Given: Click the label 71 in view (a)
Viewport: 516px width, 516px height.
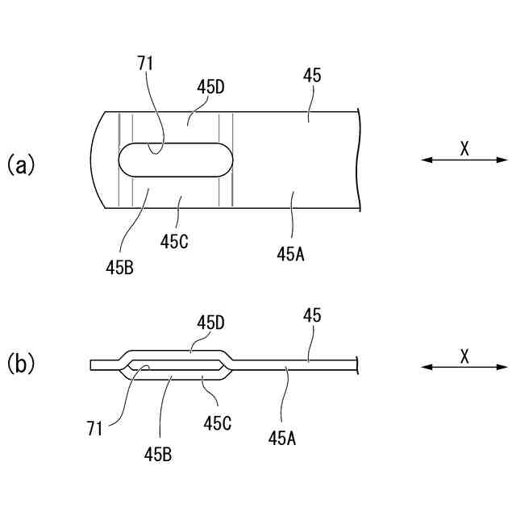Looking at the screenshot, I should click(x=146, y=64).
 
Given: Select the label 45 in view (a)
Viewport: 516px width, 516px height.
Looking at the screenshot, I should click(x=312, y=77).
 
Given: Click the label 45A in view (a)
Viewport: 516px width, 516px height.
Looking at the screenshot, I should click(x=290, y=253).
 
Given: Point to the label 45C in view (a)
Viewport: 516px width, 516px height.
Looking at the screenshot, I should click(x=175, y=240).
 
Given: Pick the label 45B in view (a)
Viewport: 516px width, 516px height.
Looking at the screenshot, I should click(x=118, y=266).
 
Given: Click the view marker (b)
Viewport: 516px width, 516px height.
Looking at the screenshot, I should click(x=21, y=364).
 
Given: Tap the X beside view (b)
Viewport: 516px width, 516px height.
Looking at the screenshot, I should click(x=464, y=354).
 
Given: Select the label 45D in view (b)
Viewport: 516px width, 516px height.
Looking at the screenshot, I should click(x=210, y=322).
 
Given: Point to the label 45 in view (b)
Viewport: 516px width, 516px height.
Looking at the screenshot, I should click(x=312, y=316).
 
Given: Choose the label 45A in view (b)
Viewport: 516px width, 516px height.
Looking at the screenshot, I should click(x=281, y=438).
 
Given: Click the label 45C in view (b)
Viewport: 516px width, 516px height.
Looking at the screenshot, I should click(x=218, y=422).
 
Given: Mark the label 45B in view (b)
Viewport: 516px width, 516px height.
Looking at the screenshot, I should click(x=157, y=454).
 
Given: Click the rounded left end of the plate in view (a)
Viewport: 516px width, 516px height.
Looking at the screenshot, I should click(x=95, y=159).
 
